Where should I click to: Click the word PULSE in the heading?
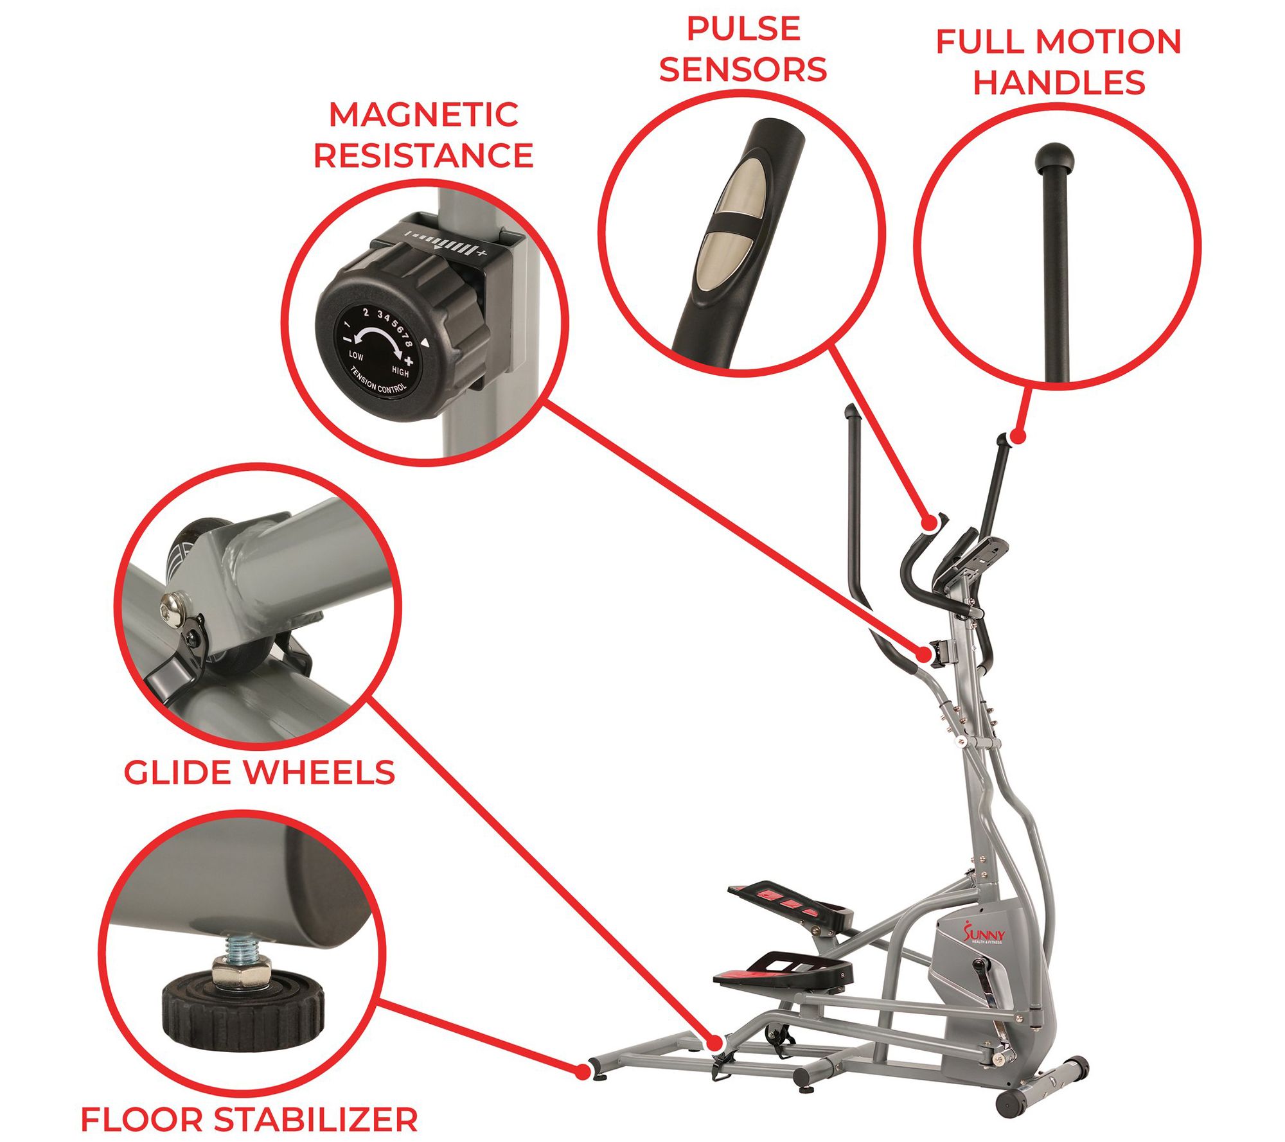coord(743,29)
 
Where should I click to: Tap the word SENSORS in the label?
coord(743,70)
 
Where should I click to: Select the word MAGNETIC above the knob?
coord(423,115)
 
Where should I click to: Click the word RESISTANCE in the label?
coord(423,156)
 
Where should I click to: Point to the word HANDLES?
coord(1059,83)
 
